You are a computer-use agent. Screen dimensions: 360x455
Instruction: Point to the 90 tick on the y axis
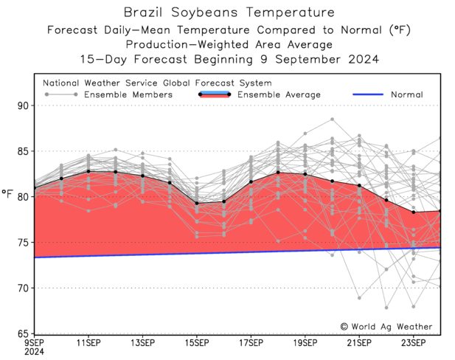21,105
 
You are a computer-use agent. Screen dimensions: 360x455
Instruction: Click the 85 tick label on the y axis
21,151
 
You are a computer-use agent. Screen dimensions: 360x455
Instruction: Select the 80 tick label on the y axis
21,197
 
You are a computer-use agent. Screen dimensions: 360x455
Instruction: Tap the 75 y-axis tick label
21,243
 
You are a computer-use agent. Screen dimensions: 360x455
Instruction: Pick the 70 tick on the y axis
21,288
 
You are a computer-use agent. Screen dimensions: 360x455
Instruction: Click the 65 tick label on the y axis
21,333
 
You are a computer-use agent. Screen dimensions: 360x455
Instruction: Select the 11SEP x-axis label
88,343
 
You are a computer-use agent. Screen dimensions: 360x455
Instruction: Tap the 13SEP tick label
142,343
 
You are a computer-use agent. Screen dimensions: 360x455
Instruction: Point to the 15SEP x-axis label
197,343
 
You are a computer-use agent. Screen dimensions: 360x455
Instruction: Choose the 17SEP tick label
251,343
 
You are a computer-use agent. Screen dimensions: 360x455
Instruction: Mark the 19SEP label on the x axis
305,343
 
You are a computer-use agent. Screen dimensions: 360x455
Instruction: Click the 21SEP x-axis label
359,343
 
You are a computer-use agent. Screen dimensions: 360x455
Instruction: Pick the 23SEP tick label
413,343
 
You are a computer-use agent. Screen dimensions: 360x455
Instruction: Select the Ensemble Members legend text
128,94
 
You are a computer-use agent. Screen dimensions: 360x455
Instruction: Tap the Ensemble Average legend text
278,94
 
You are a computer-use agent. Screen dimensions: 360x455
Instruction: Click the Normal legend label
406,94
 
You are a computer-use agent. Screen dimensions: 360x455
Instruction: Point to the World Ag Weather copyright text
386,326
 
